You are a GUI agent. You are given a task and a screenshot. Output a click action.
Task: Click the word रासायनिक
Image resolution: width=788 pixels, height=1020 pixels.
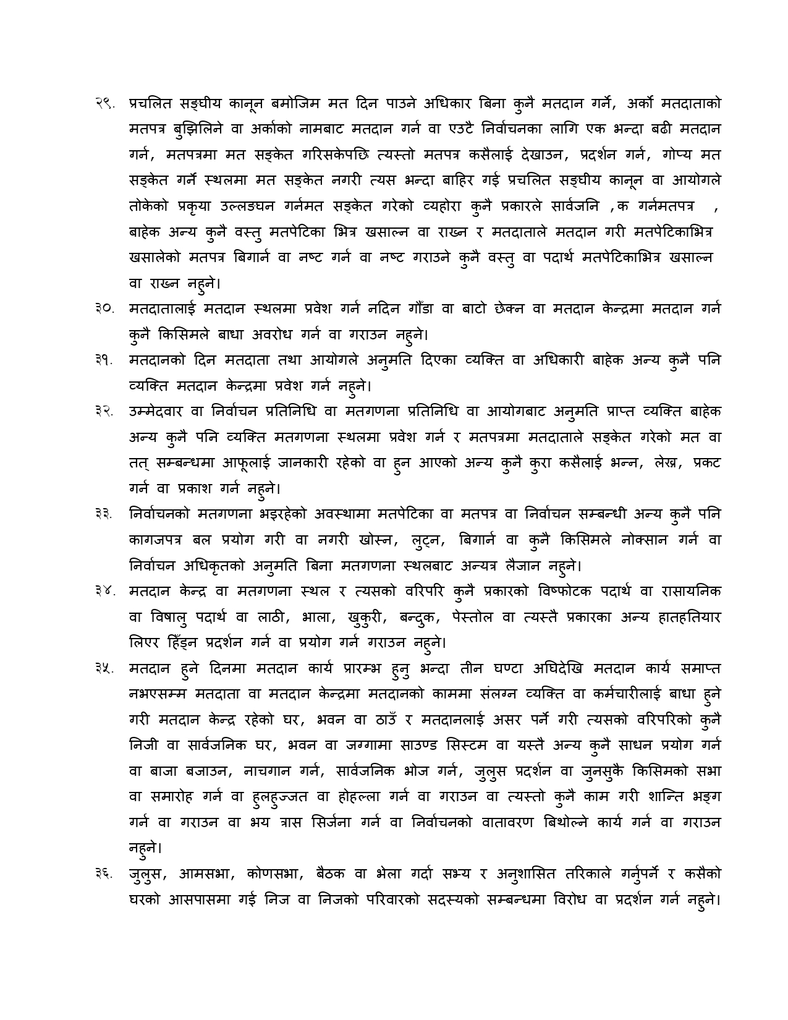click(x=689, y=591)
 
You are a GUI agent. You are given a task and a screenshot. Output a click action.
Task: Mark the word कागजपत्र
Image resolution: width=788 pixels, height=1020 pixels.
click(x=157, y=540)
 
